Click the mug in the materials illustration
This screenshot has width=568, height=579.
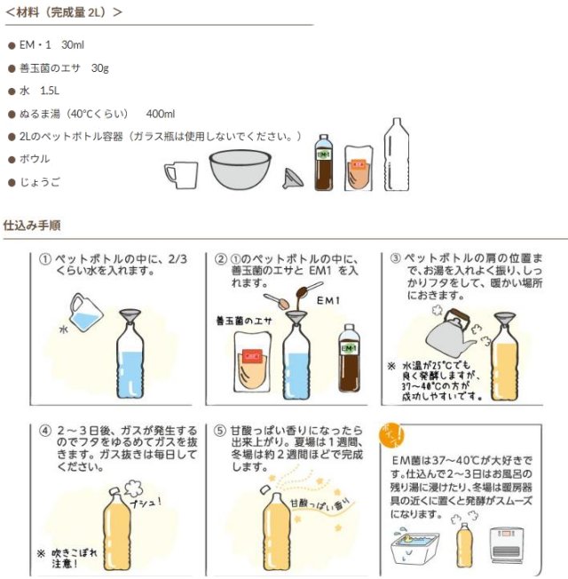[x=181, y=176]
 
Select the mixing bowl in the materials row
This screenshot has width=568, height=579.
[x=240, y=170]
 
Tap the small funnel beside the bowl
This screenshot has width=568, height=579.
[x=293, y=178]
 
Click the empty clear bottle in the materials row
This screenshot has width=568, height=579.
[x=397, y=155]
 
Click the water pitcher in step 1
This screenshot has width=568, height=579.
[x=86, y=313]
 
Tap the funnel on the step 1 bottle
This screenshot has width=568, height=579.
[x=130, y=317]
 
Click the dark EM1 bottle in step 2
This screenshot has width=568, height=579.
[x=349, y=358]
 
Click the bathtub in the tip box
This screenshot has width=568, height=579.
[x=414, y=548]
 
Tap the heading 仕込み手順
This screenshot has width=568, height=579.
[x=32, y=226]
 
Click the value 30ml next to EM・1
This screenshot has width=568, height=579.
[x=73, y=45]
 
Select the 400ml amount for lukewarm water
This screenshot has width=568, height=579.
[x=160, y=114]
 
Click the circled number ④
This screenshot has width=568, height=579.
[x=45, y=431]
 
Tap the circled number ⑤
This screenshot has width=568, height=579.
[x=220, y=431]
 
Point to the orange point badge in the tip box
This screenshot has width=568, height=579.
[x=391, y=435]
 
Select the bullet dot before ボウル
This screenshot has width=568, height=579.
[x=12, y=160]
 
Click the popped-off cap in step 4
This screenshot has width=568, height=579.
[x=114, y=490]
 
